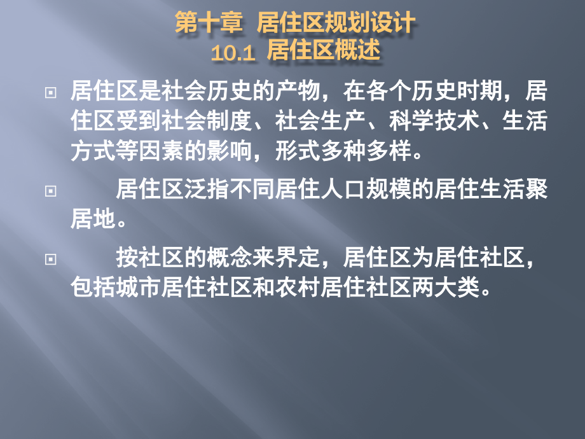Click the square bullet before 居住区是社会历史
pos(50,93)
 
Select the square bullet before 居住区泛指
pos(50,190)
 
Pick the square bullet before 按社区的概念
pos(50,260)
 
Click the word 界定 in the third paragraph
pos(298,259)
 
